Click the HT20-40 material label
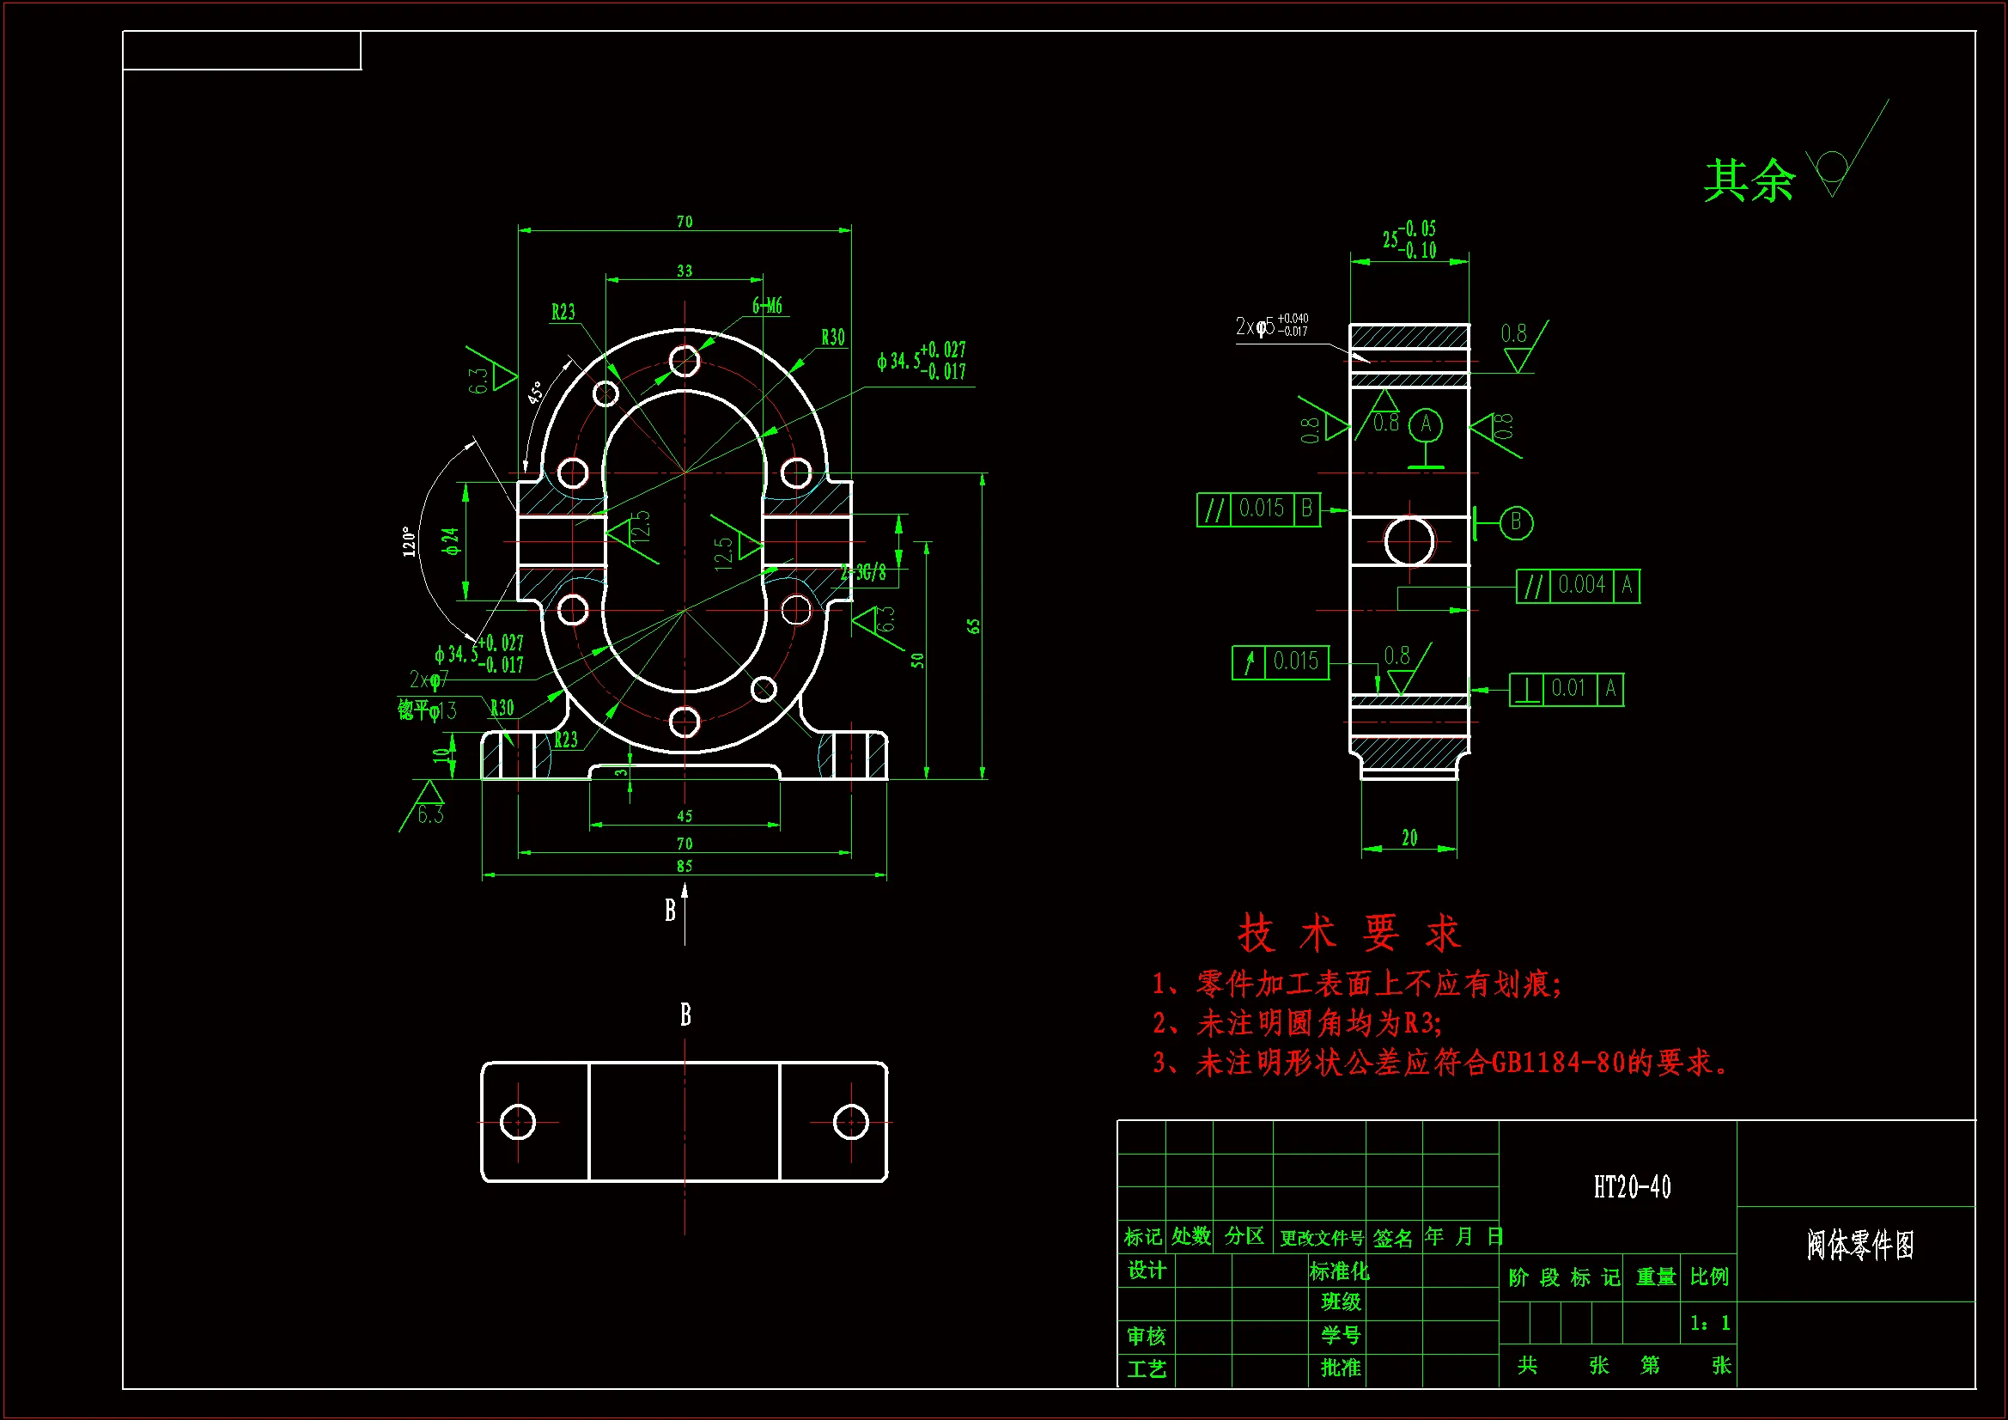[1631, 1187]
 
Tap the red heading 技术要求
[1348, 933]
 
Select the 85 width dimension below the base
[684, 865]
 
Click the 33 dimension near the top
[684, 271]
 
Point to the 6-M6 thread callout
[767, 305]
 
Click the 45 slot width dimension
[684, 815]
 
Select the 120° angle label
[409, 540]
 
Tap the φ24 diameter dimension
[450, 540]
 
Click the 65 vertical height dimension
[973, 626]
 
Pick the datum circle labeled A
[1426, 424]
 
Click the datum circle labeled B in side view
[1516, 522]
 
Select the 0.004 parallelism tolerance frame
[1579, 585]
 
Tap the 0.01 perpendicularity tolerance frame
[1567, 690]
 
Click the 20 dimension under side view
[1409, 838]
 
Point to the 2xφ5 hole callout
[1271, 326]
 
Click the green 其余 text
[1749, 181]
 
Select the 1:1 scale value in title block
[1709, 1323]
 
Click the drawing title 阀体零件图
[1860, 1244]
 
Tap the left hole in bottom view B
[517, 1122]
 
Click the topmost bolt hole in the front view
[684, 360]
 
